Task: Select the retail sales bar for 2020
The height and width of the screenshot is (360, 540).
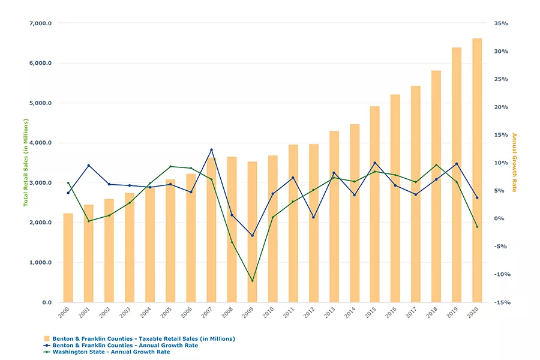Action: (477, 170)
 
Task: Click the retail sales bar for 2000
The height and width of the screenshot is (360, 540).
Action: (68, 258)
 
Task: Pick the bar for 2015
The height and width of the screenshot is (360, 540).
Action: (374, 204)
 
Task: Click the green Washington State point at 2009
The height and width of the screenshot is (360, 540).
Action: (252, 281)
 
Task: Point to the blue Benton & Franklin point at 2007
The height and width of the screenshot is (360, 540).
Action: (211, 150)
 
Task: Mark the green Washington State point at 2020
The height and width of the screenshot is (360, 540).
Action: (477, 227)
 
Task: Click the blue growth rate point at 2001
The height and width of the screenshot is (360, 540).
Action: (88, 166)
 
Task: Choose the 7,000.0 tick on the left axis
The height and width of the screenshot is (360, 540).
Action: (40, 23)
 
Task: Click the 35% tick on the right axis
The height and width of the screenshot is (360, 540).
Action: (501, 23)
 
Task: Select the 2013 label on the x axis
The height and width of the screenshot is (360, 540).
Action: (334, 313)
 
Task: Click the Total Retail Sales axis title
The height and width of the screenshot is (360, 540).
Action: (26, 162)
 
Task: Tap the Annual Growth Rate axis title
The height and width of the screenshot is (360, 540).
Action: (514, 162)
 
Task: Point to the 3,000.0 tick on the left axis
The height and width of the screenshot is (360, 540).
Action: (40, 183)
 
